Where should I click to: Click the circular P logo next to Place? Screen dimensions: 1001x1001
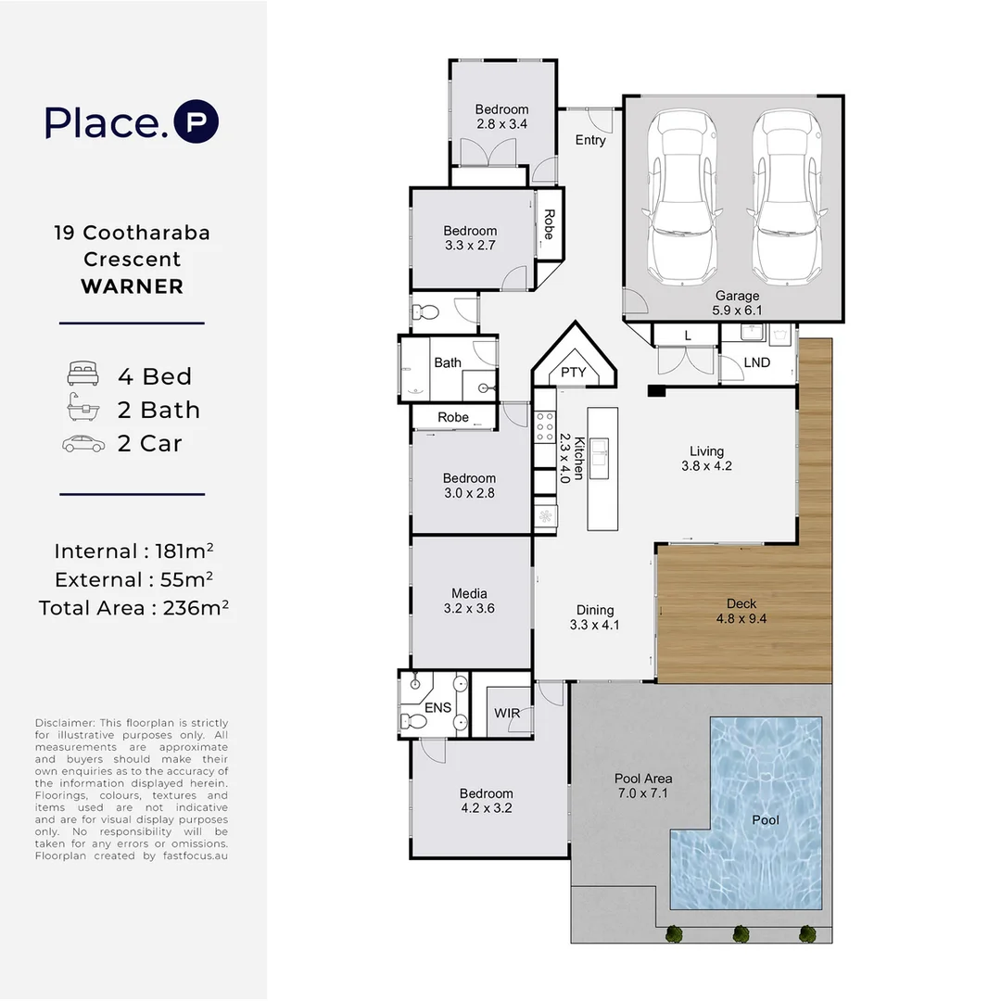tap(196, 122)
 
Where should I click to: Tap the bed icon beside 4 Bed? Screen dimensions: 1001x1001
tap(83, 375)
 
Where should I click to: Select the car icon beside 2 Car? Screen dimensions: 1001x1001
tap(83, 444)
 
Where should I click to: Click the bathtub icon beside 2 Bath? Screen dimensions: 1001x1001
tap(83, 409)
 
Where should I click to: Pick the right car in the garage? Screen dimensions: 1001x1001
tap(788, 198)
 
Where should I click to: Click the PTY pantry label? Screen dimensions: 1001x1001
tap(574, 373)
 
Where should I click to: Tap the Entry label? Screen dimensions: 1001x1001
tap(590, 140)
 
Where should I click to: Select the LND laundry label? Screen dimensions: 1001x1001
tap(756, 362)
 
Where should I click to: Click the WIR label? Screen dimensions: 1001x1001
tap(507, 714)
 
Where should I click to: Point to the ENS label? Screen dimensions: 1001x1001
tap(437, 708)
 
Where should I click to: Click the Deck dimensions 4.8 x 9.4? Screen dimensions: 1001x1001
tap(741, 619)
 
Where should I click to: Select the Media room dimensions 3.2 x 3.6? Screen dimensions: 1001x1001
tap(469, 609)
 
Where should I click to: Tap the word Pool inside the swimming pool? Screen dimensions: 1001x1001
tap(766, 819)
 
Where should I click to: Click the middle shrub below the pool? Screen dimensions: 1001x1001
tap(741, 933)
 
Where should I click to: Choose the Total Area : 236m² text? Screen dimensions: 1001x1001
tap(133, 608)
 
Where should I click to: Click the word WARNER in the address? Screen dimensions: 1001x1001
tap(132, 286)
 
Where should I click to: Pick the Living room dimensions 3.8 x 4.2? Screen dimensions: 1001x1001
tap(706, 466)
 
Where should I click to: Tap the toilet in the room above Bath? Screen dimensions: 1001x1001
tap(425, 311)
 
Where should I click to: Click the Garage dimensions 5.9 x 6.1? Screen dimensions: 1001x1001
tap(737, 311)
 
